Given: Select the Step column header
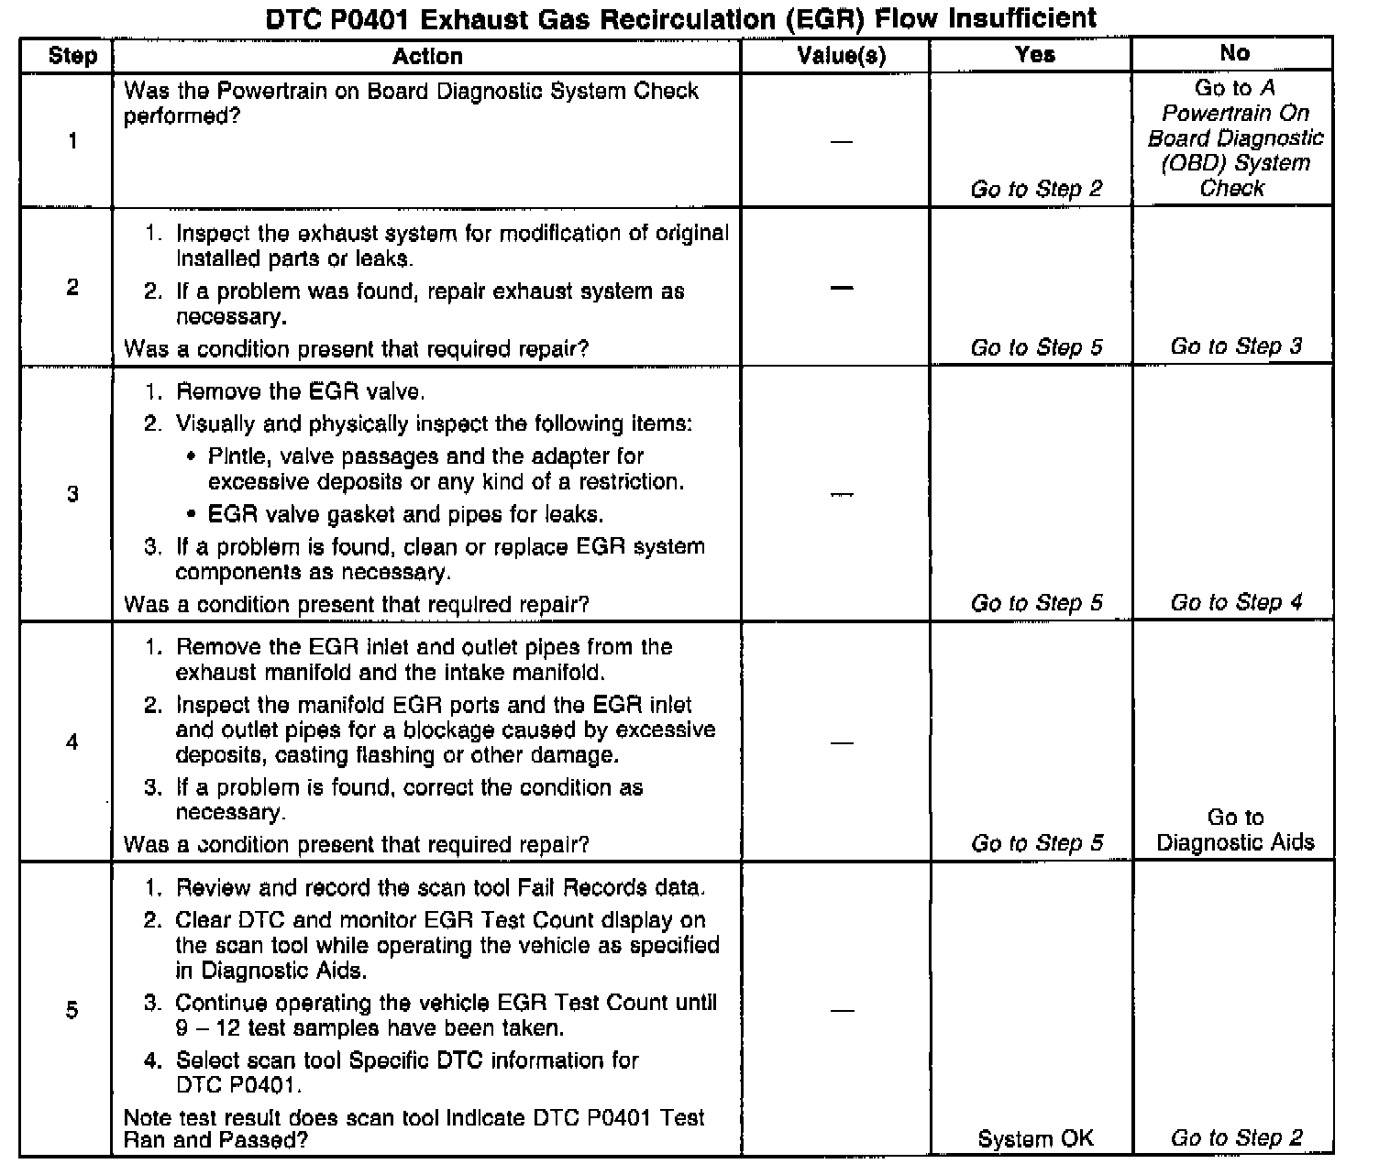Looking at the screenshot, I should pos(72,56).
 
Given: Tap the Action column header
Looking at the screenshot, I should pos(427,56).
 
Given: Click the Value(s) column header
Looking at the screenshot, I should pos(841,56).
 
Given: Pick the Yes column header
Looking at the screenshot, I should pos(1035,54).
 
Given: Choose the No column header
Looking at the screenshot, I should pos(1234,53).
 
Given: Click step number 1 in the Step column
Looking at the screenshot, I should pos(72,140).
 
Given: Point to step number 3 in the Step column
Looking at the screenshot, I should pos(72,495).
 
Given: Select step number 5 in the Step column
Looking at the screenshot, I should pos(72,1010).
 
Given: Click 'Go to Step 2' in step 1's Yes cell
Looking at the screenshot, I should pos(1036,189).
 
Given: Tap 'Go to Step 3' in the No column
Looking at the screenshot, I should pos(1235,346).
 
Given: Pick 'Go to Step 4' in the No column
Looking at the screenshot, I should pos(1235,602).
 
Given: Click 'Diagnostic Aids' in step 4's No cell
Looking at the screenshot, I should pos(1235,842).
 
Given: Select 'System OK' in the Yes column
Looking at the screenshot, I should pos(1035,1138).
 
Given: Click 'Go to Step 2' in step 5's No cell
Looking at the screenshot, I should pos(1235,1137).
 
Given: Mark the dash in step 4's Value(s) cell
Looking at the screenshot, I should pos(841,742).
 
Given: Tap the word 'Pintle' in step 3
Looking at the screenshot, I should pos(234,456).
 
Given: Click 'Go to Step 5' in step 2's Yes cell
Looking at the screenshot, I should pos(1036,347).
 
